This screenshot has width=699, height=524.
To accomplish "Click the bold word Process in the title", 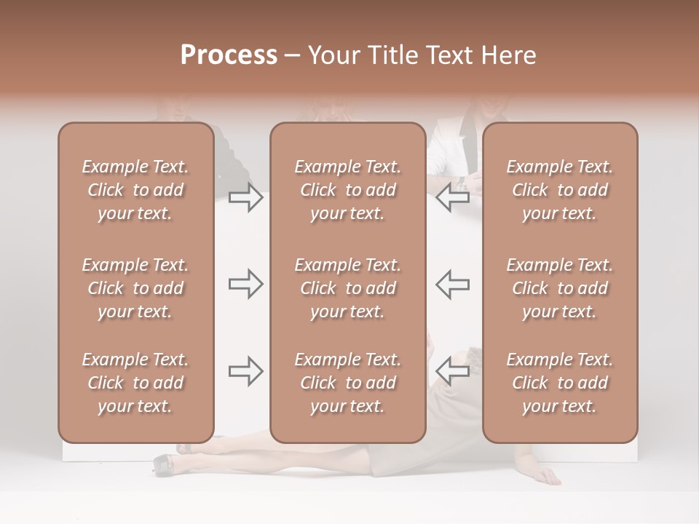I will click(229, 55).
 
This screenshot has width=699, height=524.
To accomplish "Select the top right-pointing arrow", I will click(245, 197).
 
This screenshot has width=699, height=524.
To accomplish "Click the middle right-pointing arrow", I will click(245, 284).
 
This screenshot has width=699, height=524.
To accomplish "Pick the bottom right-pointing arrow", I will click(245, 371).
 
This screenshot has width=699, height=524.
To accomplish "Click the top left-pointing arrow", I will click(453, 197).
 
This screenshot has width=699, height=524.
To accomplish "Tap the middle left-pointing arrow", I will click(453, 284).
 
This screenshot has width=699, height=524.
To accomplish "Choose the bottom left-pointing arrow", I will click(453, 371).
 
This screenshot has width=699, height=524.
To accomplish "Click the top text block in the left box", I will click(135, 190).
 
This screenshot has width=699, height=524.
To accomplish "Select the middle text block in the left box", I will click(135, 288).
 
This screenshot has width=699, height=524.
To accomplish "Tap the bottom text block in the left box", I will click(135, 383).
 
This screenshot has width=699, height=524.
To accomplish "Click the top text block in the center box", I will click(347, 190).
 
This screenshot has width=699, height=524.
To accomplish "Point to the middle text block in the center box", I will click(347, 288).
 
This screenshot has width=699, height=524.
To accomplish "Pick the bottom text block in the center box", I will click(347, 383).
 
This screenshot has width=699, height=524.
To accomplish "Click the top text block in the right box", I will click(559, 190).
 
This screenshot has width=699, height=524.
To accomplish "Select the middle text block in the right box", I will click(559, 288).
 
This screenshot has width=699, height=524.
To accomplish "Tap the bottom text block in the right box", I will click(559, 383).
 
